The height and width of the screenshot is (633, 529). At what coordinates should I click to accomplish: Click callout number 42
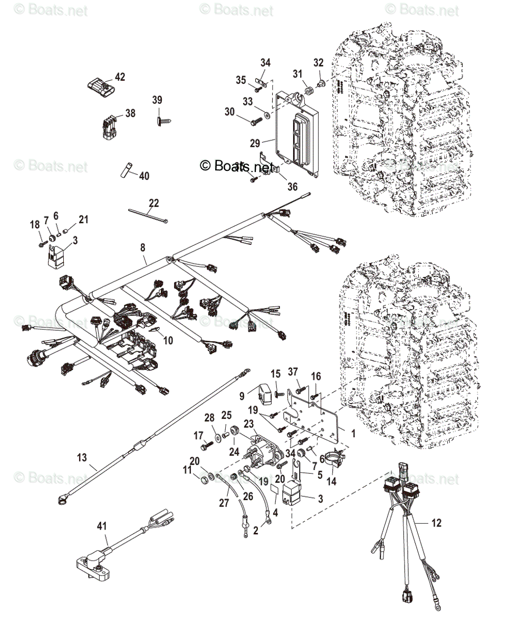(x=120, y=77)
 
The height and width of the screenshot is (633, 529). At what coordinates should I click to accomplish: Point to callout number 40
(x=144, y=176)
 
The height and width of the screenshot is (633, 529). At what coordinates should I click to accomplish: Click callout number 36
(x=292, y=187)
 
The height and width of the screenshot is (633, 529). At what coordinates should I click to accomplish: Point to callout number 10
(x=168, y=341)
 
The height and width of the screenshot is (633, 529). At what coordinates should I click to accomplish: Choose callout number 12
(x=436, y=523)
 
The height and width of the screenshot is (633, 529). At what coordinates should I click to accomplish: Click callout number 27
(x=224, y=503)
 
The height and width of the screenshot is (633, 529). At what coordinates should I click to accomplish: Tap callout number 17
(x=198, y=436)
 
